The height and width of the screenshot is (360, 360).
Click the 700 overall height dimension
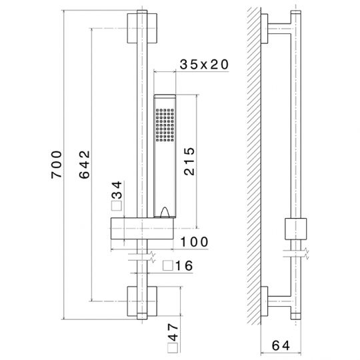pos(57,165)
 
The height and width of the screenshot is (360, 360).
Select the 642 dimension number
pos(85,165)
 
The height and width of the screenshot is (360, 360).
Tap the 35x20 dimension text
pos(204,65)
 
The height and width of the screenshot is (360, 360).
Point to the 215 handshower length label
pos(189,161)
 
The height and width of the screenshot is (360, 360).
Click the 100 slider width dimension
pos(194,242)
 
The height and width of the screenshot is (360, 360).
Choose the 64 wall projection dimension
pos(281,345)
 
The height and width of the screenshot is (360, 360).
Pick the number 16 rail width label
pos(184,266)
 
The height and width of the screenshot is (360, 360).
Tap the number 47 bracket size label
pos(173,332)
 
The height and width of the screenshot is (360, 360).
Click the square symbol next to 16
pos(168,266)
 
